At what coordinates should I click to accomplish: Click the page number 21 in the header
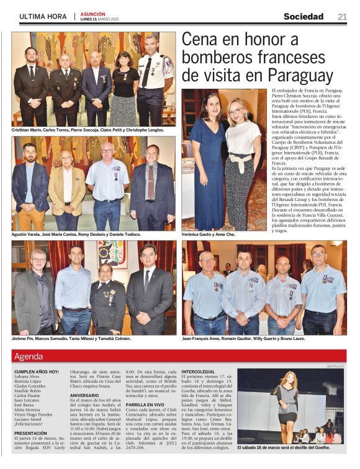(x=342, y=17)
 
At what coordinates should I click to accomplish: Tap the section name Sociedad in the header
(x=304, y=17)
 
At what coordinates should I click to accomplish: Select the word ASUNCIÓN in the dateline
(x=92, y=13)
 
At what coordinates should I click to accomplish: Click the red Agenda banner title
(x=29, y=357)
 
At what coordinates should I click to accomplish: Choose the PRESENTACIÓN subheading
(x=30, y=434)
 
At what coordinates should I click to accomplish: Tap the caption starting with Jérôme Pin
(x=71, y=339)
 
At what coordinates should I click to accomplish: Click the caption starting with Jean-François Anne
(x=252, y=339)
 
